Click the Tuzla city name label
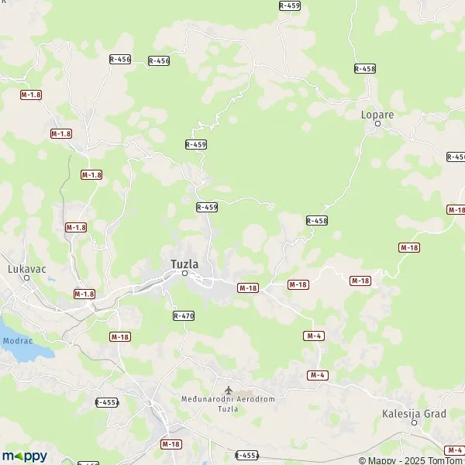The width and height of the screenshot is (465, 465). click(184, 264)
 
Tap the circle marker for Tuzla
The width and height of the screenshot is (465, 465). click(185, 273)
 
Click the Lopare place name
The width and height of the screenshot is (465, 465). click(377, 115)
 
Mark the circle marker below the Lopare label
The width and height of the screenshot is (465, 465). click(377, 123)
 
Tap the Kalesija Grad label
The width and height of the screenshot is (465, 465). click(414, 414)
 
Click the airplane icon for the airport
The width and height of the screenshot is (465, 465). click(228, 389)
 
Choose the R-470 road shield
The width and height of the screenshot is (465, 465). click(184, 315)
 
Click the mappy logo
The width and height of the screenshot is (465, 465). click(24, 456)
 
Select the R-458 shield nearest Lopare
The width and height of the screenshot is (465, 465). click(365, 69)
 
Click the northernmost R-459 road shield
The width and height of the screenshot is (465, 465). click(289, 5)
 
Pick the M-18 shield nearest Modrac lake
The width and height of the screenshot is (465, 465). click(119, 336)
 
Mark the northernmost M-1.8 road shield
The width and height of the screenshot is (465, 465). click(31, 94)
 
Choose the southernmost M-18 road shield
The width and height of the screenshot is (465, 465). click(171, 444)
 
